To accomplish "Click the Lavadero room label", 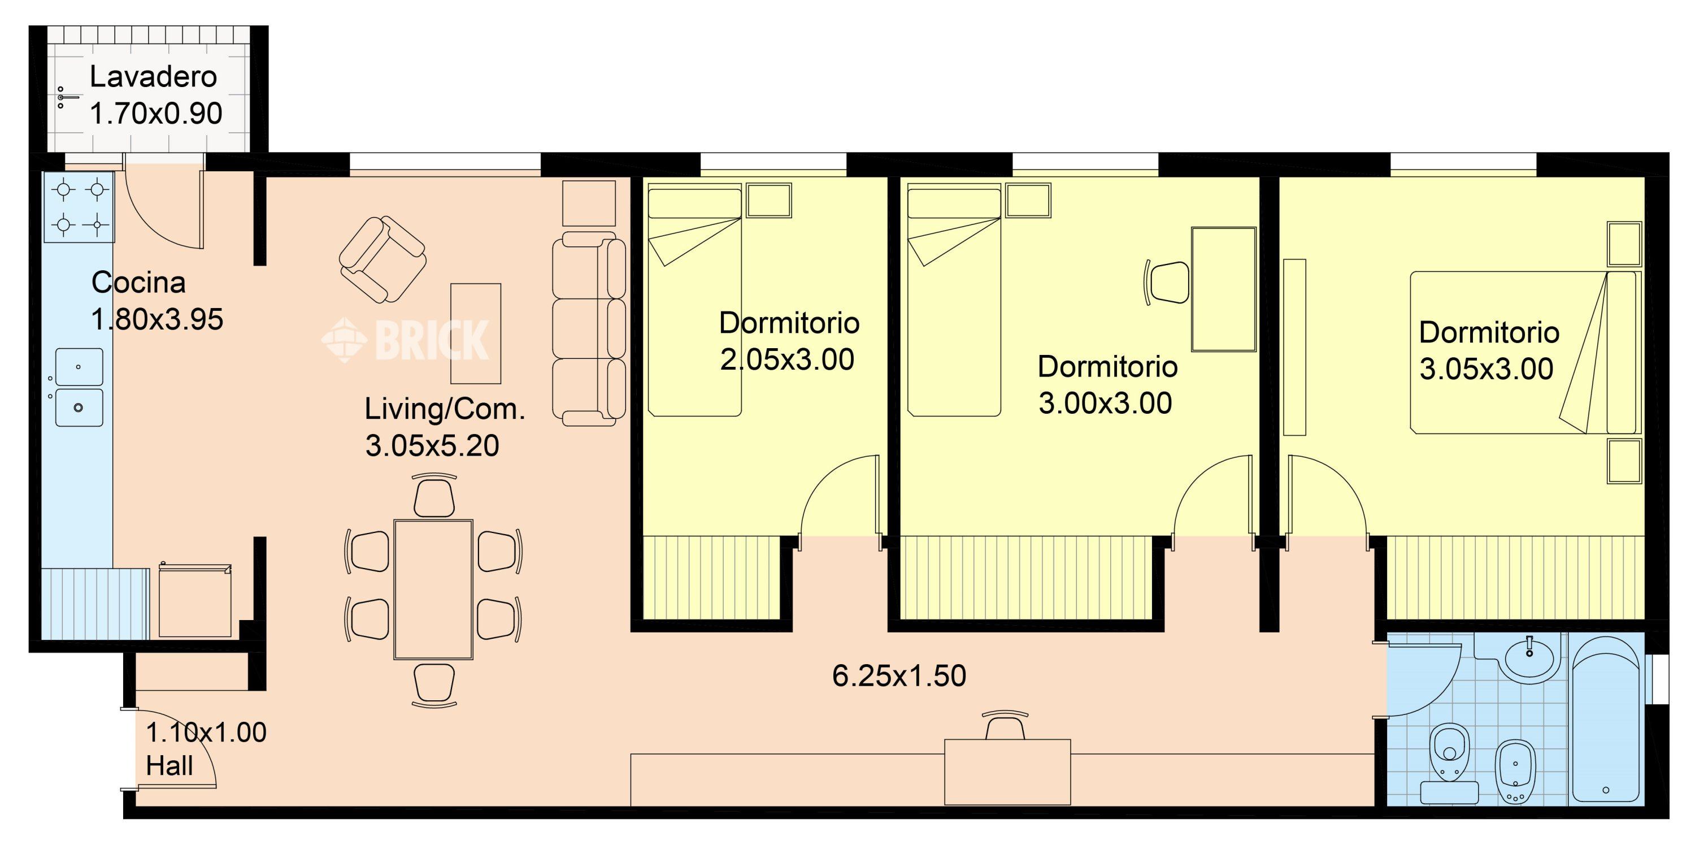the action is click(x=153, y=77).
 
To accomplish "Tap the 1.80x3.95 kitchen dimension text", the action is click(x=157, y=320).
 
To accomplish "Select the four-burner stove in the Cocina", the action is click(x=79, y=207).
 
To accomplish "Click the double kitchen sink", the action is click(x=79, y=388).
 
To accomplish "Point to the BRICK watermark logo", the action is click(x=405, y=340).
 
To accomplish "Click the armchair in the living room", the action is click(x=383, y=260).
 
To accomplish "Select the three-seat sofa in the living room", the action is click(x=589, y=328).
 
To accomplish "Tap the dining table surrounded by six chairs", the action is click(x=433, y=590).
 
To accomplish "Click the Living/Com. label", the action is click(x=445, y=409).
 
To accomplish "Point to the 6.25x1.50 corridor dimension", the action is click(x=899, y=677).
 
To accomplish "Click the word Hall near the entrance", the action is click(x=169, y=766).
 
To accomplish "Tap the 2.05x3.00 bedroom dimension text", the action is click(x=787, y=360).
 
